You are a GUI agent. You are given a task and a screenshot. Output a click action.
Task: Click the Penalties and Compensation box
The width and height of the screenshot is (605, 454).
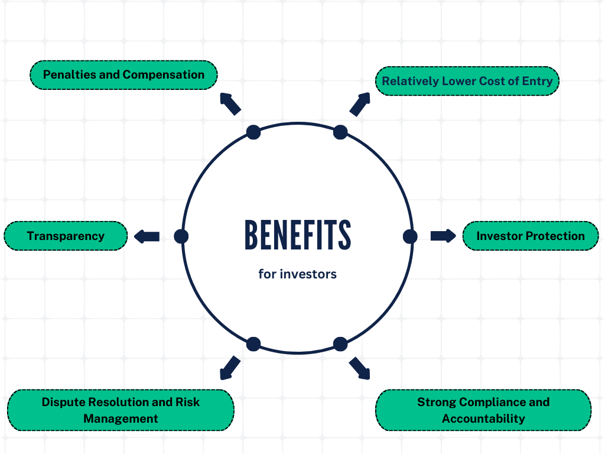(x=123, y=75)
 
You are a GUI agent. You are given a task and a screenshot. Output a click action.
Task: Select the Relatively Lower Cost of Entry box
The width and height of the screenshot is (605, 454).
(x=467, y=81)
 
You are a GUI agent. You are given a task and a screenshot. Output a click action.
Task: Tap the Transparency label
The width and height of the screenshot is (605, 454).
(x=66, y=236)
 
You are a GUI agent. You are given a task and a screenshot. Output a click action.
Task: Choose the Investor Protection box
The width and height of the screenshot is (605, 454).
(x=530, y=236)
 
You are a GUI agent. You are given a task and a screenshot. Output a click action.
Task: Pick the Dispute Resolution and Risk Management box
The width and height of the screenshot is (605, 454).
(x=121, y=410)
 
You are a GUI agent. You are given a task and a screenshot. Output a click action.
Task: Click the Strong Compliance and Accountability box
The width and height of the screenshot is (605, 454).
(x=483, y=410)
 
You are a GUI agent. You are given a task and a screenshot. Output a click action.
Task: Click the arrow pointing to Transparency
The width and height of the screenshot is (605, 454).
(x=147, y=236)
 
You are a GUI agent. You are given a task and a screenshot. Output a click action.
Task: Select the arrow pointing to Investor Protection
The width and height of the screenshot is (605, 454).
(x=443, y=236)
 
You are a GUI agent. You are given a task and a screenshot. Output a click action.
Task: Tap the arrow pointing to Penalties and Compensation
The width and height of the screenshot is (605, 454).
(x=230, y=103)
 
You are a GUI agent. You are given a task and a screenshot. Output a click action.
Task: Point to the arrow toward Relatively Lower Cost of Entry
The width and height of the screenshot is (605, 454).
(x=360, y=103)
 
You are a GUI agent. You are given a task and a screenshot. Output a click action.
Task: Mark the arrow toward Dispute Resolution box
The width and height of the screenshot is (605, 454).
(x=230, y=368)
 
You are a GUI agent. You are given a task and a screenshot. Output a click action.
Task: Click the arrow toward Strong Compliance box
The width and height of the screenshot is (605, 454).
(x=360, y=368)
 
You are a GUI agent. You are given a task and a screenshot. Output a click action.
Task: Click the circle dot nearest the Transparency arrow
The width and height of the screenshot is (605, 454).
(x=181, y=236)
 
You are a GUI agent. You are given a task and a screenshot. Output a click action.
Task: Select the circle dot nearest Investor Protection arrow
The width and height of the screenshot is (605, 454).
(x=410, y=236)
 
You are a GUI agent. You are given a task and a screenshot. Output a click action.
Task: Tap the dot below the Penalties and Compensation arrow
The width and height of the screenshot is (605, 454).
(x=253, y=132)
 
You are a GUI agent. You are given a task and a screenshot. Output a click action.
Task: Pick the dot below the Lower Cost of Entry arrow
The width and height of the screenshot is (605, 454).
(x=340, y=132)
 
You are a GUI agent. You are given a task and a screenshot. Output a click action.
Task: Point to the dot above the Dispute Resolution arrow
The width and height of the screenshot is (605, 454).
(x=253, y=343)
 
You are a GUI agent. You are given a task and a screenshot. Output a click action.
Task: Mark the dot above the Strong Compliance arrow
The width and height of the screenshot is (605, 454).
(x=340, y=343)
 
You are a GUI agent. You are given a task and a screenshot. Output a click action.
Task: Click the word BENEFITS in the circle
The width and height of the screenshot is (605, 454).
(x=298, y=235)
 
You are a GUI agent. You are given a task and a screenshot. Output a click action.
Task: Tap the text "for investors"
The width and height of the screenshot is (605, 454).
(x=298, y=274)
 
